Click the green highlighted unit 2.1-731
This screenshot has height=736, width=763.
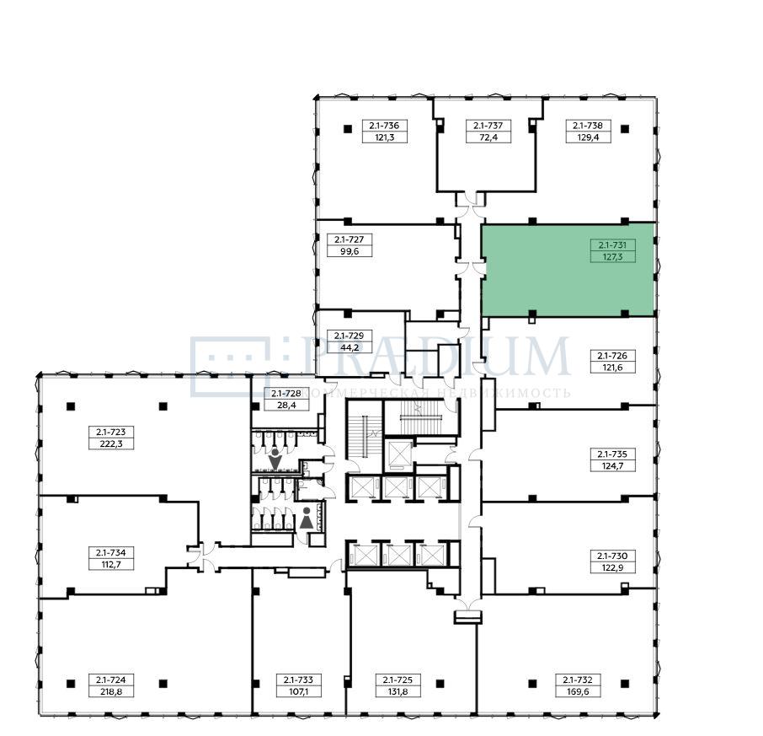(x=568, y=271)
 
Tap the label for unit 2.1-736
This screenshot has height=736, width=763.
(x=384, y=126)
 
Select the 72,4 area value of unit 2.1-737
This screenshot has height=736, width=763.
(x=488, y=137)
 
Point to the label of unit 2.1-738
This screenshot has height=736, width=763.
(x=588, y=126)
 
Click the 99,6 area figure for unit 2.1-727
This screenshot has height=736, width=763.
(x=349, y=251)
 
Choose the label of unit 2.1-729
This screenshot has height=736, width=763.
(x=349, y=336)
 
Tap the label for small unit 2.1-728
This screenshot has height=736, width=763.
(x=286, y=394)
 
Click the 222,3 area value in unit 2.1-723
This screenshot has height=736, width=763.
(x=111, y=443)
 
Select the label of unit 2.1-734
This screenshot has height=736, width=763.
(x=111, y=553)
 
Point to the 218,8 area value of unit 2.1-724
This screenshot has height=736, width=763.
(x=111, y=691)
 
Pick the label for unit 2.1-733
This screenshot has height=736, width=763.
(x=299, y=680)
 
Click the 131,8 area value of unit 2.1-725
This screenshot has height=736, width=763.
(x=398, y=691)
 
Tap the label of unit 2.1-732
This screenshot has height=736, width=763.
(x=578, y=680)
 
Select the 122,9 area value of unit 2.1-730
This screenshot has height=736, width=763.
(x=612, y=568)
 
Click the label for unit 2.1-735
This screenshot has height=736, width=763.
(x=612, y=454)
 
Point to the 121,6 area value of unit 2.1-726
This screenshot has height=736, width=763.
(x=612, y=368)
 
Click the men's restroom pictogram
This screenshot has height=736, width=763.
(x=275, y=459)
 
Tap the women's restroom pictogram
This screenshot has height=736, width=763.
(x=306, y=518)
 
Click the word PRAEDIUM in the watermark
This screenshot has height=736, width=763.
(x=435, y=357)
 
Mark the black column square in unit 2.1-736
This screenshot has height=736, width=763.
(x=348, y=129)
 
